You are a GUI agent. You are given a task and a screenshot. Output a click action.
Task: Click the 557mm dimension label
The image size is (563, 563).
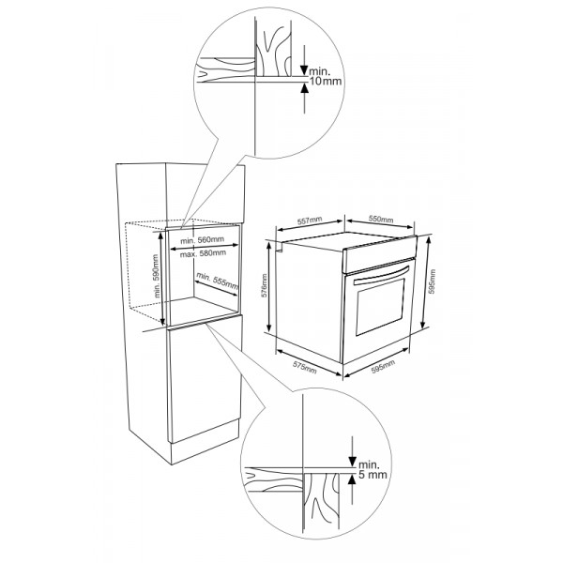[310, 221]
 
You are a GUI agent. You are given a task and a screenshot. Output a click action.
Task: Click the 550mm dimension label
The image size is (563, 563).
[381, 219]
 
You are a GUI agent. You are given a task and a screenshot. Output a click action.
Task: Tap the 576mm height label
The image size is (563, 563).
[265, 285]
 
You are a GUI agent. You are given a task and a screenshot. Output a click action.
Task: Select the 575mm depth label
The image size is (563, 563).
[305, 367]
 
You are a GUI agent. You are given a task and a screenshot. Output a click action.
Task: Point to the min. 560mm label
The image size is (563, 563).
[202, 240]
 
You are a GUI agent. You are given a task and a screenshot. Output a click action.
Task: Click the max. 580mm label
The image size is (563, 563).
[203, 253]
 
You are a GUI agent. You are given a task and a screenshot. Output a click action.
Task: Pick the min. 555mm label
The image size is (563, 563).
[218, 281]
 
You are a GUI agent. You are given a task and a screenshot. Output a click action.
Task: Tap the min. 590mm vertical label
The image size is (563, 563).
[156, 276]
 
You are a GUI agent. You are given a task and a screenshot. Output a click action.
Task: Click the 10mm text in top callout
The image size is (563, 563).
[326, 81]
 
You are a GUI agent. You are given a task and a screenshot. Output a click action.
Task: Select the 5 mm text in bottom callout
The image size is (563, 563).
[373, 475]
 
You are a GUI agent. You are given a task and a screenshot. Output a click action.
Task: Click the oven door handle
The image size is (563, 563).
[381, 276]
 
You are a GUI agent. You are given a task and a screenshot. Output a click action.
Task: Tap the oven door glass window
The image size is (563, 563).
[380, 306]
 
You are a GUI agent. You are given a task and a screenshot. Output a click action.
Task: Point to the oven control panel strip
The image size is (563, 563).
[380, 253]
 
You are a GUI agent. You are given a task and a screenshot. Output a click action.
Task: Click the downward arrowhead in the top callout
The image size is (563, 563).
[304, 70]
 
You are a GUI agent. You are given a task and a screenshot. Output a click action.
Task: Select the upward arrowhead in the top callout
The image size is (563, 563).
[304, 87]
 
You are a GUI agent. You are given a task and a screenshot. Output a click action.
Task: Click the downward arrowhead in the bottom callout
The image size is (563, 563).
[352, 462]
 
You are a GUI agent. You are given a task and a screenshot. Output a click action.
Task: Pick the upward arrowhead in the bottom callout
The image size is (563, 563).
[352, 479]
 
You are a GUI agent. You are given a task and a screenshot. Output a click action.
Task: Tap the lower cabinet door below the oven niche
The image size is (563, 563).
[205, 379]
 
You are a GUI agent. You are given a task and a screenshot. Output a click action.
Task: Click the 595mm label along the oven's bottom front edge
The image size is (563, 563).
[383, 367]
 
